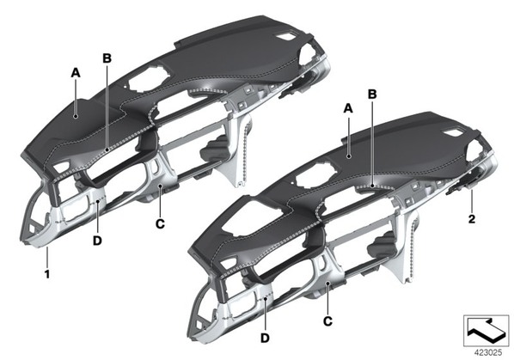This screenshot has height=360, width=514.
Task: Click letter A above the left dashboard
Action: coord(76,73)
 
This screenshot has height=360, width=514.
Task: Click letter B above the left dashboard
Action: coord(107,58)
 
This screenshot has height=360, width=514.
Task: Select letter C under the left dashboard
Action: coord(160,224)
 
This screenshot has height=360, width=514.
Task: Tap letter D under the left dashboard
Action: coord(97,241)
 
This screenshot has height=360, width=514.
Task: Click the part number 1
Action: coord(47,274)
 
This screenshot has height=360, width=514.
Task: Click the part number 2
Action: coord(472,219)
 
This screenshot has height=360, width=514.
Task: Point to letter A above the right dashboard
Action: coord(348,108)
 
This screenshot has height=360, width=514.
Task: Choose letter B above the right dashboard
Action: coord(372,95)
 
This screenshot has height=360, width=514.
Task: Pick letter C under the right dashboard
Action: coord(327,321)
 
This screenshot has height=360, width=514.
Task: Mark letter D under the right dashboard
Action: coord(265,338)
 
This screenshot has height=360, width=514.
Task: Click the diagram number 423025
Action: coord(488,352)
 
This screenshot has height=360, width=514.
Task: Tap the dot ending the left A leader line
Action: coord(76,116)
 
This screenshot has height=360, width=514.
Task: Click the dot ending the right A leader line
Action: coord(350,156)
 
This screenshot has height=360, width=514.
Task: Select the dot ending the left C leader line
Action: coord(160,186)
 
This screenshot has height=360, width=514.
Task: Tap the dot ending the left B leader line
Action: coord(107,150)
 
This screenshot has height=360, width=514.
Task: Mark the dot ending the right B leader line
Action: coord(372,186)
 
